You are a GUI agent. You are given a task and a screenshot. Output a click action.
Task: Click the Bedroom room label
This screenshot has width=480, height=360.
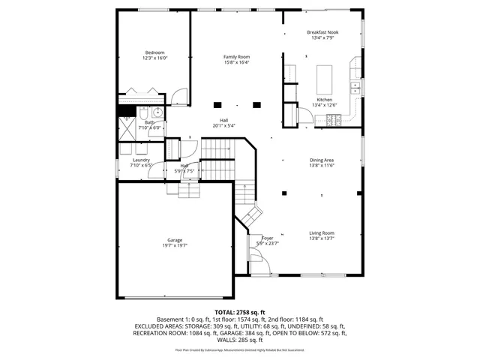click(155, 52)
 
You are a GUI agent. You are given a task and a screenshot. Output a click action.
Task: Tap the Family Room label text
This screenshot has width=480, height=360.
click(236, 57)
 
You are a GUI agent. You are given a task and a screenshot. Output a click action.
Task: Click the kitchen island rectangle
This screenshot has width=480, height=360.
click(324, 77)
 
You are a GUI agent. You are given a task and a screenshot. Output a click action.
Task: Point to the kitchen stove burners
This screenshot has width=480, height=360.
click(338, 120)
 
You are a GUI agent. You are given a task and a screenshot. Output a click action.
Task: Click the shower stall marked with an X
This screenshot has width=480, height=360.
click(124, 124)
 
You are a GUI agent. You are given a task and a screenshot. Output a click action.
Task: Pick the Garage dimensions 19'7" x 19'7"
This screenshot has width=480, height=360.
click(175, 245)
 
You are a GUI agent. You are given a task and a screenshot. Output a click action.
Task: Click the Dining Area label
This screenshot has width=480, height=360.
click(322, 160)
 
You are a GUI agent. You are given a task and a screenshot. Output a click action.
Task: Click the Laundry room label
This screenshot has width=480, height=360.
click(141, 160)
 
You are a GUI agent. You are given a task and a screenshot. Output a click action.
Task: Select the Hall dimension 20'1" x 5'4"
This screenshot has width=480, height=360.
click(223, 126)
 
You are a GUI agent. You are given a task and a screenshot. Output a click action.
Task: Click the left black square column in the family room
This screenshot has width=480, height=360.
click(218, 104)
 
